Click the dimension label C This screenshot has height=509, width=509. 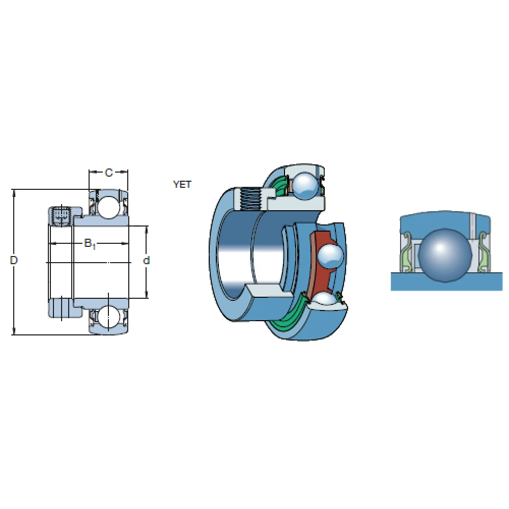pos(108,173)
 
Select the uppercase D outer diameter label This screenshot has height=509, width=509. pos(14,261)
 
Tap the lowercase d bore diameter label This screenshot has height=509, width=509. pos(146,261)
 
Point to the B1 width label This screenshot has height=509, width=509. pos(90,244)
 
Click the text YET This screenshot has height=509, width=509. pos(182,185)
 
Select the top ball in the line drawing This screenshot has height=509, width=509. pos(108,206)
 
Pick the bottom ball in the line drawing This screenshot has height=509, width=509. pos(108,318)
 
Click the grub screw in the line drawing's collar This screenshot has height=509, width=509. pos(61,215)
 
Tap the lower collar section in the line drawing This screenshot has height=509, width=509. pos(61,307)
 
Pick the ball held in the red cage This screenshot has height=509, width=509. pos(329,254)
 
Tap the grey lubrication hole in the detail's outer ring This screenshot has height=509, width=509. pos(472,224)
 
